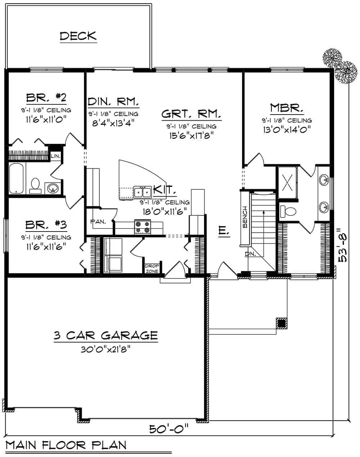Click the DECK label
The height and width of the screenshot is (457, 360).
tap(78, 36)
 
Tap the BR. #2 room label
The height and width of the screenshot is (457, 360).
tap(46, 98)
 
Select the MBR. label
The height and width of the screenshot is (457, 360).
tap(287, 108)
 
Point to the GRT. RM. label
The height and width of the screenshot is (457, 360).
tap(191, 114)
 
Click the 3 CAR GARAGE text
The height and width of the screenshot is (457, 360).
tap(105, 336)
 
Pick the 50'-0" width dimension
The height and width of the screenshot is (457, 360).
tap(169, 429)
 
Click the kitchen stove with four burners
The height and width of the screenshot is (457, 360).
tap(143, 227)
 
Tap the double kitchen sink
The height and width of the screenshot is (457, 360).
tap(143, 192)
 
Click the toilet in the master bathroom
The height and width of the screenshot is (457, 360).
tap(287, 211)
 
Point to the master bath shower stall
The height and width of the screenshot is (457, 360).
tap(287, 183)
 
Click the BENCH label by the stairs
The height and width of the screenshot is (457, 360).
tap(245, 217)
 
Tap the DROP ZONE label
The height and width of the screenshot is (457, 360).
tap(150, 268)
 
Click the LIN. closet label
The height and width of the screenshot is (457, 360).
tap(55, 156)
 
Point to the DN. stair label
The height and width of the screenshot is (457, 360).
tap(250, 254)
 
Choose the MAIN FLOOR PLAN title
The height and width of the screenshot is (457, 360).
tap(66, 445)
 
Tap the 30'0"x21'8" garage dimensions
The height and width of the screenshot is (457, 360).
tap(105, 349)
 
